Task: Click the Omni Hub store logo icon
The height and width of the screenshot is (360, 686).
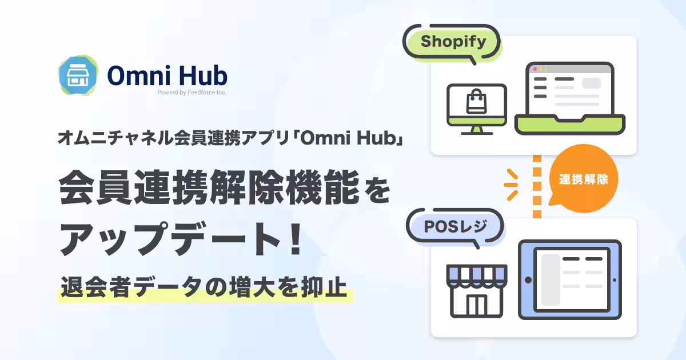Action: [x=78, y=75]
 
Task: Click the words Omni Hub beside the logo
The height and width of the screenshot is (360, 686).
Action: [x=167, y=75]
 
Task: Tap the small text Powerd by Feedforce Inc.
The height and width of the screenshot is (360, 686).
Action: [x=192, y=93]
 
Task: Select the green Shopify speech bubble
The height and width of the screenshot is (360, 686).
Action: [x=452, y=42]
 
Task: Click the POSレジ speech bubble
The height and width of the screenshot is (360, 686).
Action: [x=455, y=227]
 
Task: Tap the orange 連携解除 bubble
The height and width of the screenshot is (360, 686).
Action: [x=583, y=179]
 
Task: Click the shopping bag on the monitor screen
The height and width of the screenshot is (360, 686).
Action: [x=476, y=101]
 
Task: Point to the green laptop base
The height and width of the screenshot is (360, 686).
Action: [x=569, y=125]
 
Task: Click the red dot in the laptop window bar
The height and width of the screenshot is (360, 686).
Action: [x=535, y=69]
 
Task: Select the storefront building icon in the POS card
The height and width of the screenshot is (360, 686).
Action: [x=477, y=291]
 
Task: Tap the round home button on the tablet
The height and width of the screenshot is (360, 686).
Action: [x=528, y=280]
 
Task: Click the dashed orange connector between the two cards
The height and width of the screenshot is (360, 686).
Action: [x=537, y=186]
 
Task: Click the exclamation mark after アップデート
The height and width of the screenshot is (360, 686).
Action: [x=296, y=238]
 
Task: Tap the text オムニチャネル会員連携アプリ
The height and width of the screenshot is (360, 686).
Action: [x=174, y=138]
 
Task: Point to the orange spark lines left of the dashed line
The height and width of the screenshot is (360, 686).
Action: [x=511, y=185]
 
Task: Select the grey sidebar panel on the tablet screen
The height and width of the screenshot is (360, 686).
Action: [x=551, y=280]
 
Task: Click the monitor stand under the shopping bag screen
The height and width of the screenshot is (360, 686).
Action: [x=477, y=130]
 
